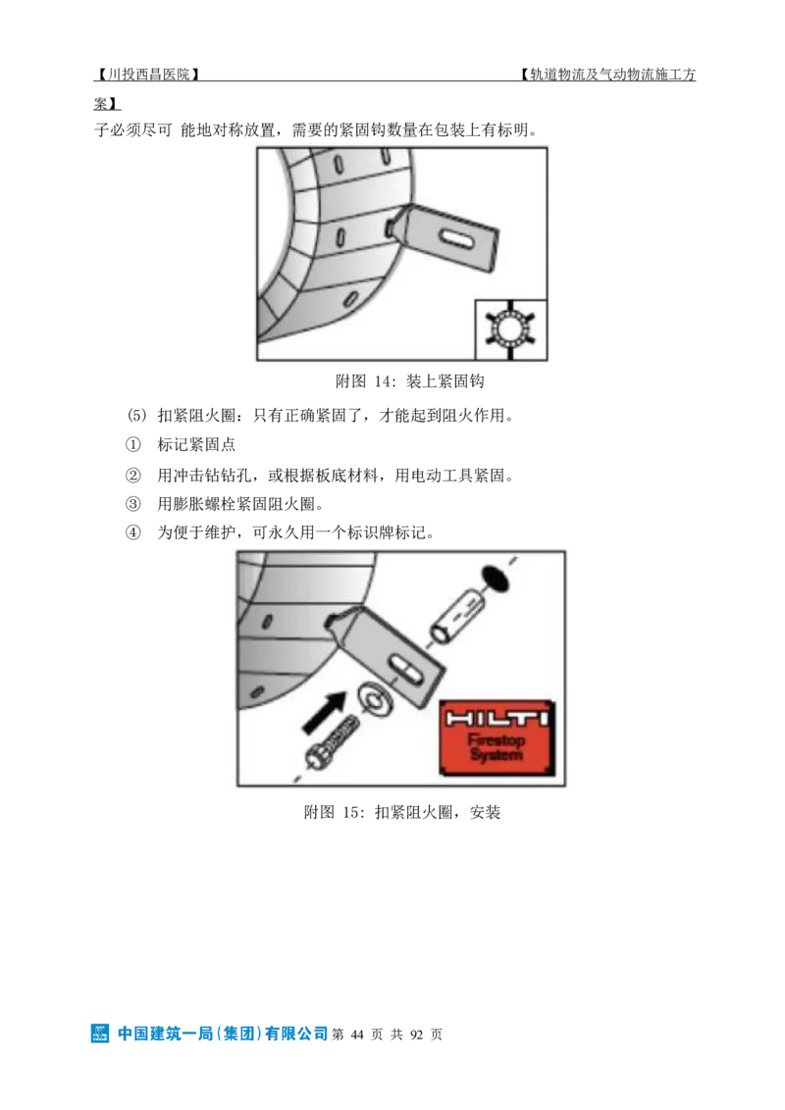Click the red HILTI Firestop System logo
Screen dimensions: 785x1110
click(497, 738)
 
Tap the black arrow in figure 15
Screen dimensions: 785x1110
click(325, 712)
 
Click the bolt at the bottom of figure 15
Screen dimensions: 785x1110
click(331, 743)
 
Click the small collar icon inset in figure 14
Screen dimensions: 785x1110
click(510, 329)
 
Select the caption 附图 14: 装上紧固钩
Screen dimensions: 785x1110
click(409, 381)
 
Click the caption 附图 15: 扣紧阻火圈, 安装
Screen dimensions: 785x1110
click(401, 812)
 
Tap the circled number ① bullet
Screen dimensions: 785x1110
click(132, 444)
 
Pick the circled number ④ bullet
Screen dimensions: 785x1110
click(132, 532)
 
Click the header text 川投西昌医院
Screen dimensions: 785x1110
click(148, 75)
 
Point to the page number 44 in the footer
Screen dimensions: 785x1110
click(357, 1034)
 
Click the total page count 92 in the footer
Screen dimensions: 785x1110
click(417, 1034)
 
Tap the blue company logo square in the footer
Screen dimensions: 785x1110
click(100, 1034)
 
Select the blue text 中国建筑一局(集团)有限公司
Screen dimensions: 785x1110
click(223, 1034)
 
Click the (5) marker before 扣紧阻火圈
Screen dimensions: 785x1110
click(136, 416)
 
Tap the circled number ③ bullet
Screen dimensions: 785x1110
click(132, 504)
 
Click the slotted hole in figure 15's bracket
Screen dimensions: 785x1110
click(404, 669)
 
